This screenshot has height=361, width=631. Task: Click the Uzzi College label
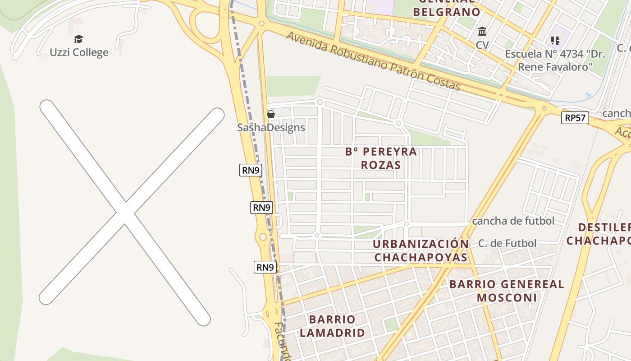79,52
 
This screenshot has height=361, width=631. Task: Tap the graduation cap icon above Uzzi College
79,39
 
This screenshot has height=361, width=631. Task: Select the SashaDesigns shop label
271,128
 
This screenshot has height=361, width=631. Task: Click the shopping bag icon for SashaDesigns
271,114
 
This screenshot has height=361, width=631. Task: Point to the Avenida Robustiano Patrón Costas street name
373,61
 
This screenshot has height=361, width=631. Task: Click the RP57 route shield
576,118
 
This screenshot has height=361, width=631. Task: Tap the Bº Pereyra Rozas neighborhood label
381,158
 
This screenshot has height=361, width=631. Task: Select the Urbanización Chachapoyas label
421,250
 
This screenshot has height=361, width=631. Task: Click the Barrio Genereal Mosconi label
507,291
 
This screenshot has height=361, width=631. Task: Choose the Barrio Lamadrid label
332,326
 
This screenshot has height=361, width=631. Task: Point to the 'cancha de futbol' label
513,221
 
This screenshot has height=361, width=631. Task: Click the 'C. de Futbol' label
507,244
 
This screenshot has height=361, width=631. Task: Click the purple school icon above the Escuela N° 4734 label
555,41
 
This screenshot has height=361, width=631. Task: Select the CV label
482,45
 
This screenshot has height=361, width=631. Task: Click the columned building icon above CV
482,32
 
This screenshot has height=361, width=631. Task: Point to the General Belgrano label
446,10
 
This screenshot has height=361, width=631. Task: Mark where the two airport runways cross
125,212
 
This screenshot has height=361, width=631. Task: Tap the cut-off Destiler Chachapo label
599,234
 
